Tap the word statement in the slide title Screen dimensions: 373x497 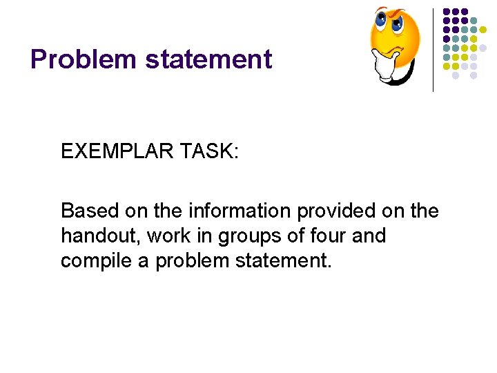tap(209, 59)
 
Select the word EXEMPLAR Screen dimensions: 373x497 tap(119, 151)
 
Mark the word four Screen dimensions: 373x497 tap(333, 236)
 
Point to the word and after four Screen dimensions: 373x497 tap(369, 236)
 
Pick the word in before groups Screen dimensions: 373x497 tap(205, 236)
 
